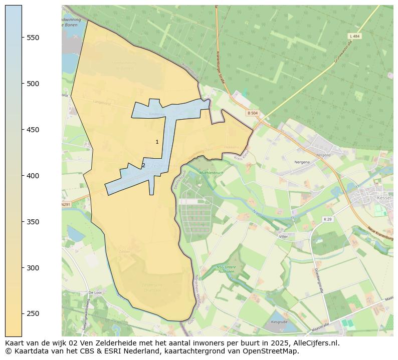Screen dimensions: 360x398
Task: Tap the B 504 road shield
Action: pyautogui.click(x=252, y=113)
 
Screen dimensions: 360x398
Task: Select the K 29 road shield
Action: pyautogui.click(x=327, y=219)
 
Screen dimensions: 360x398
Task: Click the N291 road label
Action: pyautogui.click(x=66, y=204)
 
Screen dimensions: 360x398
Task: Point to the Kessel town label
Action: pyautogui.click(x=383, y=198)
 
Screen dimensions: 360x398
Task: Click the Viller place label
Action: pyautogui.click(x=284, y=235)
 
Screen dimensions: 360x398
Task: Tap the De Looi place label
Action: pyautogui.click(x=94, y=292)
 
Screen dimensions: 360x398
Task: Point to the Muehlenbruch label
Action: pyautogui.click(x=211, y=172)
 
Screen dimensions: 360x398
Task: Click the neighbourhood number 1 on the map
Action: pyautogui.click(x=157, y=142)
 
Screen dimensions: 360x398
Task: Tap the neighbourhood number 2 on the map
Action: pyautogui.click(x=143, y=166)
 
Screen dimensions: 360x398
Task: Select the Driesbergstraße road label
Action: pyautogui.click(x=319, y=280)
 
